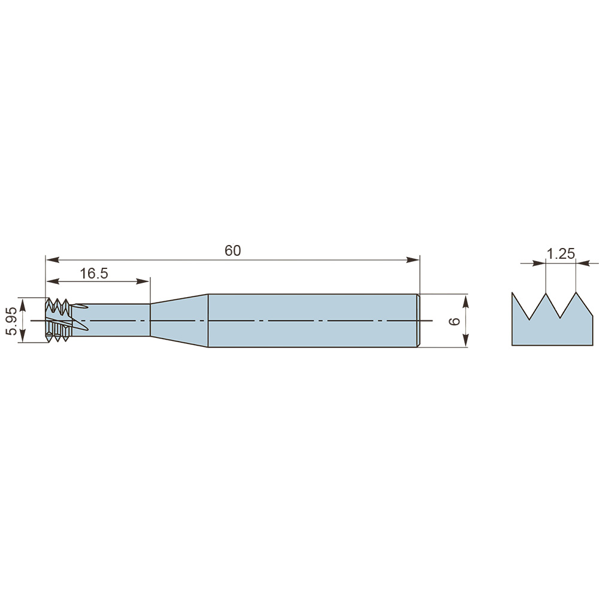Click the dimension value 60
tap(232, 250)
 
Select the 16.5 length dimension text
tap(94, 274)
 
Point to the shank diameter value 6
tap(455, 321)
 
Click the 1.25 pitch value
tap(561, 253)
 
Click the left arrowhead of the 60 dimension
tap(53, 260)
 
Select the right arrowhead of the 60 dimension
tap(413, 260)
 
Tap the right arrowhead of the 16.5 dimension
tap(143, 282)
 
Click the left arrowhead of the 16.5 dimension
tap(53, 282)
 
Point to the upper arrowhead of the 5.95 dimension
tap(23, 305)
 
